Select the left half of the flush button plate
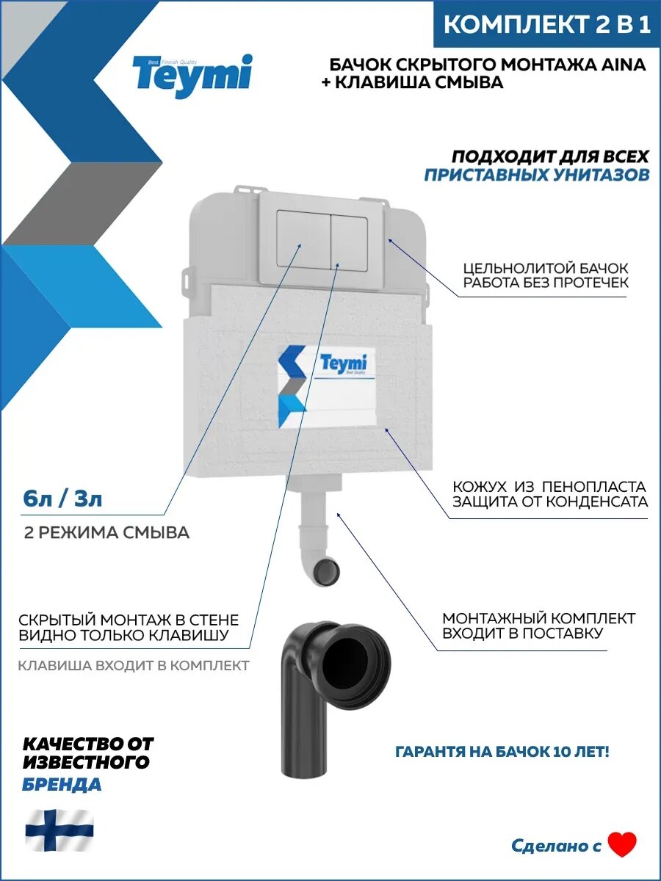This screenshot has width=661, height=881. pyautogui.click(x=304, y=239)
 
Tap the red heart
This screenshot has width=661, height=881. pyautogui.click(x=622, y=845)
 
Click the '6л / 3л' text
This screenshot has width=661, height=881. pyautogui.click(x=62, y=500)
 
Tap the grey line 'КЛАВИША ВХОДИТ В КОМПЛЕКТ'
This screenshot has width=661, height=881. pyautogui.click(x=134, y=666)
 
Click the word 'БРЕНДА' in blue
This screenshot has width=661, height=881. pyautogui.click(x=62, y=784)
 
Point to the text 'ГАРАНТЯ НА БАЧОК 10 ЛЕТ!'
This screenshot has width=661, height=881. pyautogui.click(x=502, y=753)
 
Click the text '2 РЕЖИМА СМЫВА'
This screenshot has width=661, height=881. pyautogui.click(x=106, y=533)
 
